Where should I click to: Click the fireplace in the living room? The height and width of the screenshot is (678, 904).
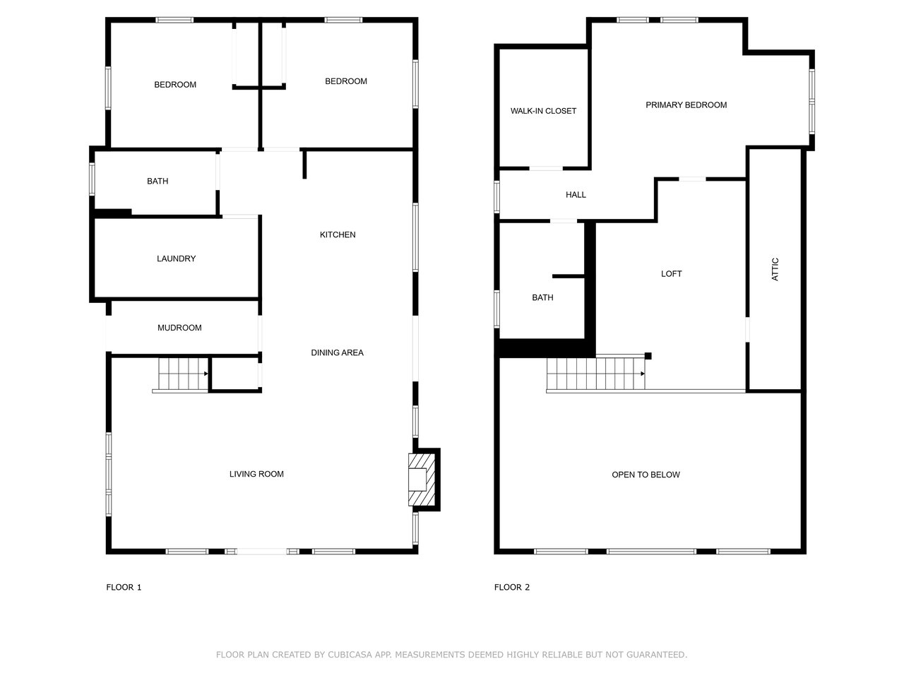click(x=422, y=480)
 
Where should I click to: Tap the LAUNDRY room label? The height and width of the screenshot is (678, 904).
click(x=177, y=258)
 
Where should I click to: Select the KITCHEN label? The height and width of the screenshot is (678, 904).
click(x=338, y=234)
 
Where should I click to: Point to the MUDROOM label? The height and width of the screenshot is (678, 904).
click(x=179, y=328)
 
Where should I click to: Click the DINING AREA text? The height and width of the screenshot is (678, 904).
click(x=337, y=352)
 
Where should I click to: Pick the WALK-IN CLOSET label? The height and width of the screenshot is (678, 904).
click(x=543, y=111)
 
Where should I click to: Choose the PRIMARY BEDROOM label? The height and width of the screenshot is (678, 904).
click(x=686, y=105)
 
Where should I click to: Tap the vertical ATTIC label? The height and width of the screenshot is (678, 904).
click(x=775, y=269)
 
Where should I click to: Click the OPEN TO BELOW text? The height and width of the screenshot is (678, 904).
click(x=646, y=475)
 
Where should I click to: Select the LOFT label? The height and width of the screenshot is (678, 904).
click(x=672, y=274)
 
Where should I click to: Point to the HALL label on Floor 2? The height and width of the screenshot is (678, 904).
click(x=576, y=195)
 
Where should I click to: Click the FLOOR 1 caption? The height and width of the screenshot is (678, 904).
click(x=124, y=587)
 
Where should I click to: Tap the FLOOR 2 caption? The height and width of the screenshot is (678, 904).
click(x=512, y=587)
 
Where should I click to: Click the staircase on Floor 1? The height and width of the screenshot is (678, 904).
click(x=183, y=374)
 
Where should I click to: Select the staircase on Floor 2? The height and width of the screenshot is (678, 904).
click(x=596, y=373)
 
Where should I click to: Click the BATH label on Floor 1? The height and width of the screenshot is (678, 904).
click(x=157, y=181)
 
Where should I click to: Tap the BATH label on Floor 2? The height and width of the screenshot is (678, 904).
click(x=542, y=297)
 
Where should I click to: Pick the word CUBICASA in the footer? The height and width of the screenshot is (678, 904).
click(x=350, y=655)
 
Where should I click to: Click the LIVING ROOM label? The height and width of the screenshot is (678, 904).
click(x=256, y=474)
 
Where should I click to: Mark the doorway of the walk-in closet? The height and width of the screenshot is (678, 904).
click(x=546, y=168)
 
